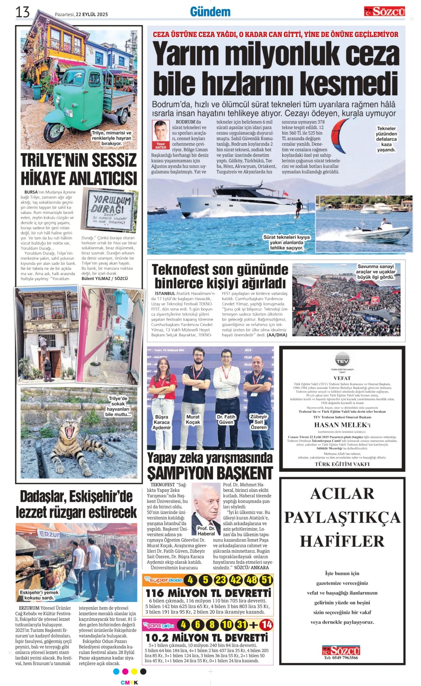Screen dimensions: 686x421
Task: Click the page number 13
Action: [x=22, y=12]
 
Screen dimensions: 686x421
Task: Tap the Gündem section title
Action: [x=210, y=12]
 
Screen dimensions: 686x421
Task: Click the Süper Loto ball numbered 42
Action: [x=236, y=580]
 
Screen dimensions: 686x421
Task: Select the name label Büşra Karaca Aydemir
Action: [x=162, y=422]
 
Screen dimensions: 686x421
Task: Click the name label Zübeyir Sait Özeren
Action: [x=259, y=422]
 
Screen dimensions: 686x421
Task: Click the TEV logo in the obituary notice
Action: [x=342, y=359]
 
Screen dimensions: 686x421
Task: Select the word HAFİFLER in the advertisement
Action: [x=342, y=541]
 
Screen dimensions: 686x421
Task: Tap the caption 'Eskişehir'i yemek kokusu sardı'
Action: [x=39, y=595]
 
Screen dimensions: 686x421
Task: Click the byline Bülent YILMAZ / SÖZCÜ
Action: [x=105, y=278]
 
